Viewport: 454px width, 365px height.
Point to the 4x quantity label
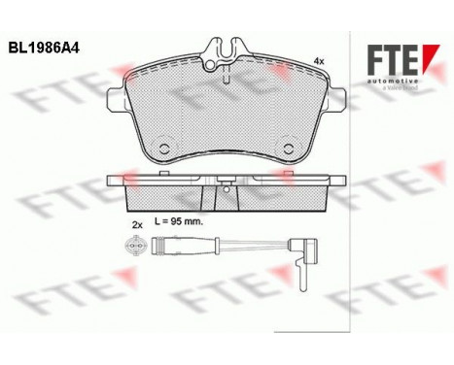[x=317, y=60]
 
